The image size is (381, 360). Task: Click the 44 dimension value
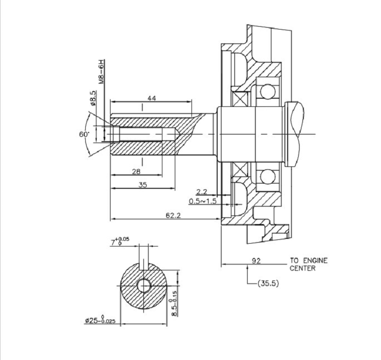coord(151,98)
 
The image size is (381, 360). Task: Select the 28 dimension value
coord(136,172)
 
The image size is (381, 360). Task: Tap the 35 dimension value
coord(142,185)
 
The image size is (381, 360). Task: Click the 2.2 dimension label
coord(201,192)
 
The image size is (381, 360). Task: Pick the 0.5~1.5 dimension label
coord(202,201)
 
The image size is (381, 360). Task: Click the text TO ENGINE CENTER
coord(309,264)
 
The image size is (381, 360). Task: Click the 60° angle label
coord(84,134)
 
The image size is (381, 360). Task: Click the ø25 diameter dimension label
coord(100,321)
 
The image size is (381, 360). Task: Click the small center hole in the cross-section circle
coord(144,286)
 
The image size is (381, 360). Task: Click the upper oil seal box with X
coord(241,98)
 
